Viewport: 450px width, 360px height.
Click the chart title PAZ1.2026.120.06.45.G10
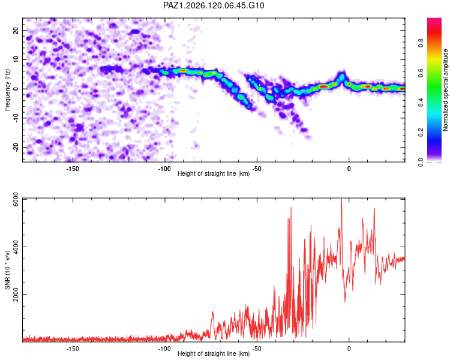pyautogui.click(x=214, y=5)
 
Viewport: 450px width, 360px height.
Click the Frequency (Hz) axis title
pyautogui.click(x=7, y=90)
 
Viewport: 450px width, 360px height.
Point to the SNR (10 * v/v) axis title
pyautogui.click(x=7, y=270)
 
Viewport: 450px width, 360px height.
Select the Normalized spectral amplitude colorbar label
pyautogui.click(x=445, y=90)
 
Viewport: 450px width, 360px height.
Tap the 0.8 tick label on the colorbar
pyautogui.click(x=421, y=43)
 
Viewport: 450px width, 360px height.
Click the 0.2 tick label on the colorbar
pyautogui.click(x=421, y=133)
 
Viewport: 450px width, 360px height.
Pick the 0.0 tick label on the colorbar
pyautogui.click(x=421, y=162)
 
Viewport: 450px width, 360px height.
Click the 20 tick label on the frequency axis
pyautogui.click(x=16, y=30)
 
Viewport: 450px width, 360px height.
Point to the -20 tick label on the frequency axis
pyautogui.click(x=16, y=148)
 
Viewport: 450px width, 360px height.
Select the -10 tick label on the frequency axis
pyautogui.click(x=16, y=118)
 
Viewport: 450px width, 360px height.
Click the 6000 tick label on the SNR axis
pyautogui.click(x=16, y=199)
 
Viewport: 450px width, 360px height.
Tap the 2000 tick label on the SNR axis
pyautogui.click(x=16, y=295)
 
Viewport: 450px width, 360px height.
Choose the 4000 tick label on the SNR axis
pyautogui.click(x=16, y=247)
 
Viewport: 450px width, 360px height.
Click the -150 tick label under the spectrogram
pyautogui.click(x=73, y=169)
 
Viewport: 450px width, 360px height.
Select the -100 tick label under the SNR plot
pyautogui.click(x=164, y=349)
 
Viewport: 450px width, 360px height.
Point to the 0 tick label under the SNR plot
pyautogui.click(x=349, y=349)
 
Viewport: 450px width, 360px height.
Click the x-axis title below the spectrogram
pyautogui.click(x=214, y=173)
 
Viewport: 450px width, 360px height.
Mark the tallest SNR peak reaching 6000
pyautogui.click(x=341, y=199)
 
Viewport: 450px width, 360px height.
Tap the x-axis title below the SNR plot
pyautogui.click(x=214, y=353)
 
